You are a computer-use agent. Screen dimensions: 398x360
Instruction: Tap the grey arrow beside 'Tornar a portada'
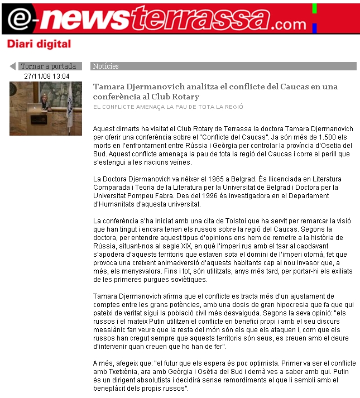tap(13, 66)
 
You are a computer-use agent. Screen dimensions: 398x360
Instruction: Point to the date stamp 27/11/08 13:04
tap(47, 76)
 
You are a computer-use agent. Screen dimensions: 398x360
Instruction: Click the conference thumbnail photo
tap(46, 108)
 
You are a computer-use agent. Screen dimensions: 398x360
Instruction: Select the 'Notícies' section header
tap(106, 66)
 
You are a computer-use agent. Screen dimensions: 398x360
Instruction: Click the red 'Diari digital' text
tap(39, 44)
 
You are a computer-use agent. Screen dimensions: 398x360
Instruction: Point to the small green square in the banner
tap(314, 8)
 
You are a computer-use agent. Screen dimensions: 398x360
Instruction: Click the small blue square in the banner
tap(314, 27)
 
